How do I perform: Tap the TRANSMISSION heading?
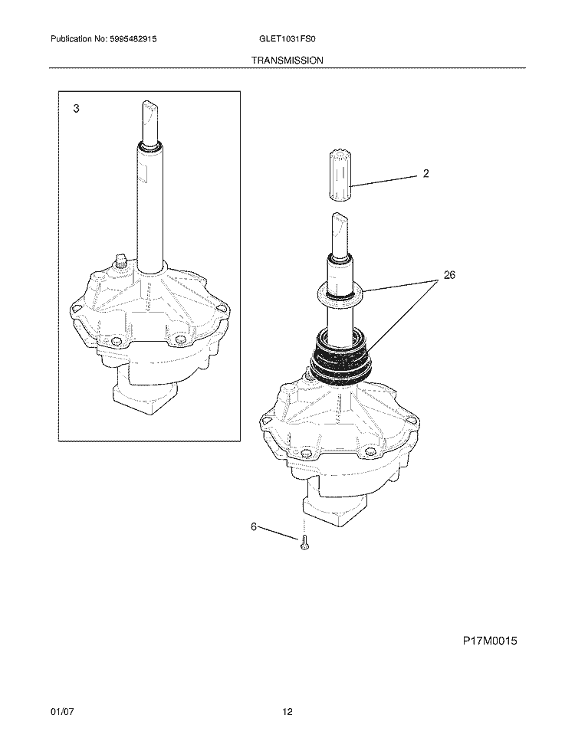287,59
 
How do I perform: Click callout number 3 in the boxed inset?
76,109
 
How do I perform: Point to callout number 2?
426,174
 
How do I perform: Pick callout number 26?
449,275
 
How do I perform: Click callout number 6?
254,526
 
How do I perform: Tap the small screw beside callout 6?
304,543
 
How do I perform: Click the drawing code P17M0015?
490,641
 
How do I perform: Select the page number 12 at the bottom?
287,713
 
